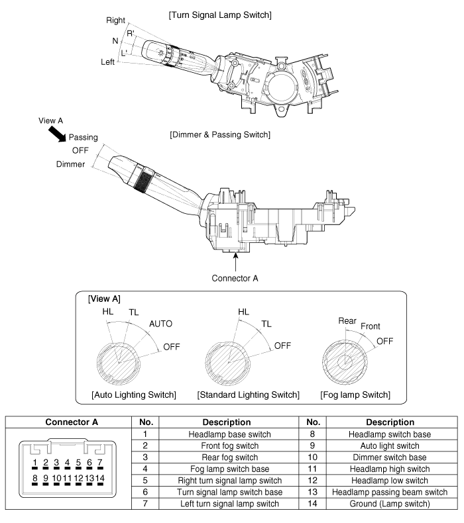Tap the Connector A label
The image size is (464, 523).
point(236,276)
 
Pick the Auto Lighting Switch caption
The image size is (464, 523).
point(133,395)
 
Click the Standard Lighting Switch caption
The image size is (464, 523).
point(248,395)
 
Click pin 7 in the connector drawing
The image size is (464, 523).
point(100,463)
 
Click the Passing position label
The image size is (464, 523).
point(84,137)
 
